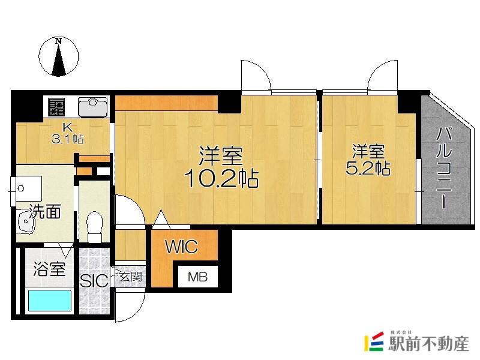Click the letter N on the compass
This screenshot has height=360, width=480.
point(58,41)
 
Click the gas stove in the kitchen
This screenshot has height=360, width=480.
point(56,107)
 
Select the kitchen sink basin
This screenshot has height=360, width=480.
point(93,107)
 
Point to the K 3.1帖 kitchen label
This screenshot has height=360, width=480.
point(68,134)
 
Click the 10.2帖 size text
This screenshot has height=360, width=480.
point(221,178)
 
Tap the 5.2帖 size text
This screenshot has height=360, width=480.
point(368,168)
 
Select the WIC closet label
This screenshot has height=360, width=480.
point(182,247)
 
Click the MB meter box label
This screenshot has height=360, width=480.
point(198,277)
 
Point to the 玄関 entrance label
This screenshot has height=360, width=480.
point(131,277)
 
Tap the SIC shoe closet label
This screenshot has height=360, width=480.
point(94,281)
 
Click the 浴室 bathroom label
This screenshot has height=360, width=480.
point(49,269)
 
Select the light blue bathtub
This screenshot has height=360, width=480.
point(50,301)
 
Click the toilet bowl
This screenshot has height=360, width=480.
point(95,227)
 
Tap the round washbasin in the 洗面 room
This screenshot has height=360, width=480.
point(26,221)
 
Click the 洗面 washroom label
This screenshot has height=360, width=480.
point(45,212)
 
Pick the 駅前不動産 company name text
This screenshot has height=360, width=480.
point(428,343)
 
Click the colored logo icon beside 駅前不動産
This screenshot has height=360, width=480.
point(374,341)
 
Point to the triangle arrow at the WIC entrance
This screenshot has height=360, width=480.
point(161,219)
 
